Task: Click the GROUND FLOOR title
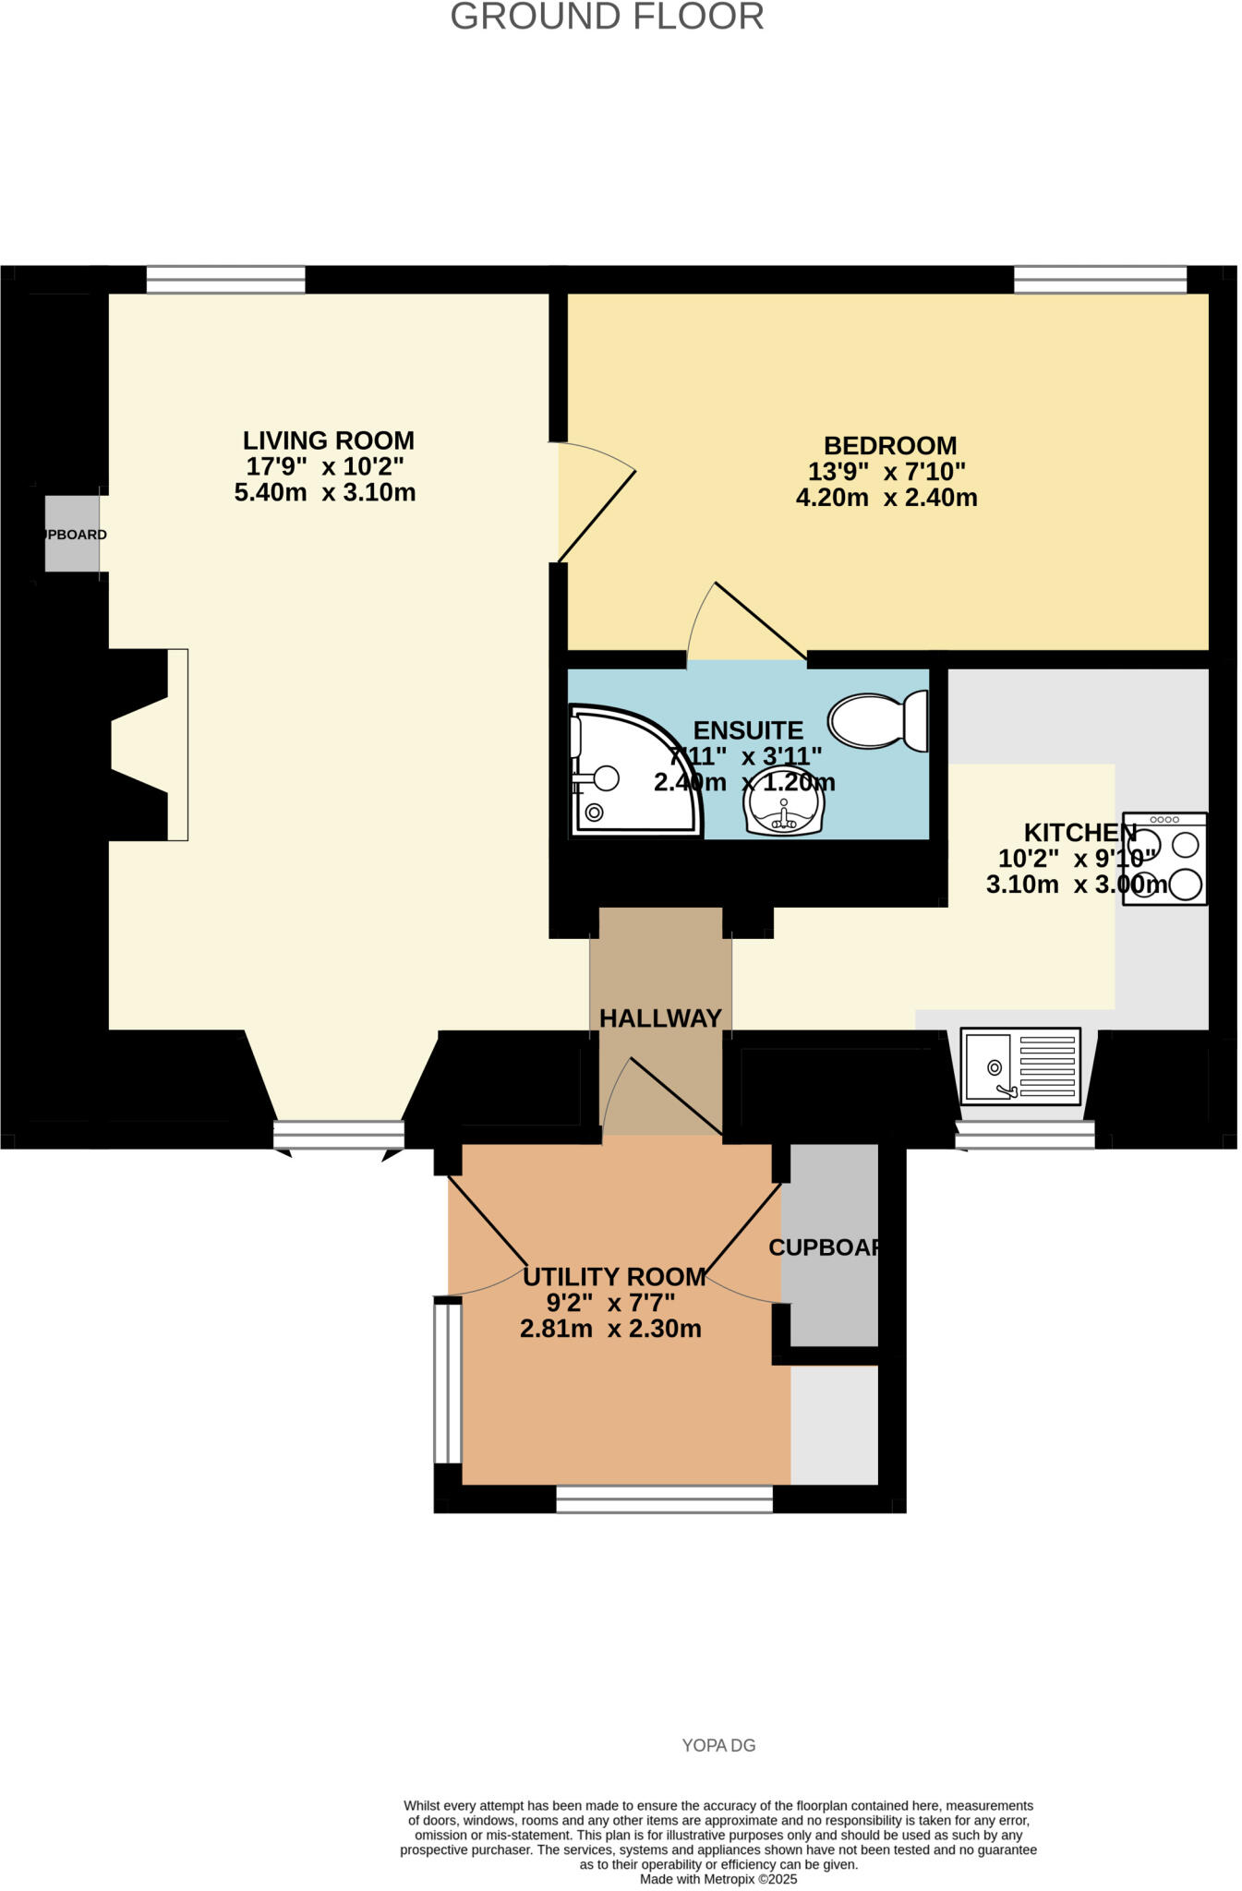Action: pos(607,18)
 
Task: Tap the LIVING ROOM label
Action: pos(328,440)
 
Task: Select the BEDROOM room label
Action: pos(889,446)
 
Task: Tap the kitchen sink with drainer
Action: pos(1020,1066)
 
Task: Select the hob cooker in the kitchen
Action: pos(1165,859)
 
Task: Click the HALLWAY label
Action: pos(660,1018)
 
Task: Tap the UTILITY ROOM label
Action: pos(614,1277)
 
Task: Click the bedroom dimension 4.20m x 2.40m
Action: pos(886,499)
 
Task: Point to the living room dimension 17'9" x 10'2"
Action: pos(325,466)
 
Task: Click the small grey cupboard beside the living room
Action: pos(72,534)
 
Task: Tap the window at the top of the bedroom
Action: pos(1100,279)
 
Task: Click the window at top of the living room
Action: pos(225,279)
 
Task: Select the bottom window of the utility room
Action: pos(664,1499)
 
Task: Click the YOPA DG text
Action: pos(718,1745)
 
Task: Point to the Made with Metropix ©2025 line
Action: pos(718,1879)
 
